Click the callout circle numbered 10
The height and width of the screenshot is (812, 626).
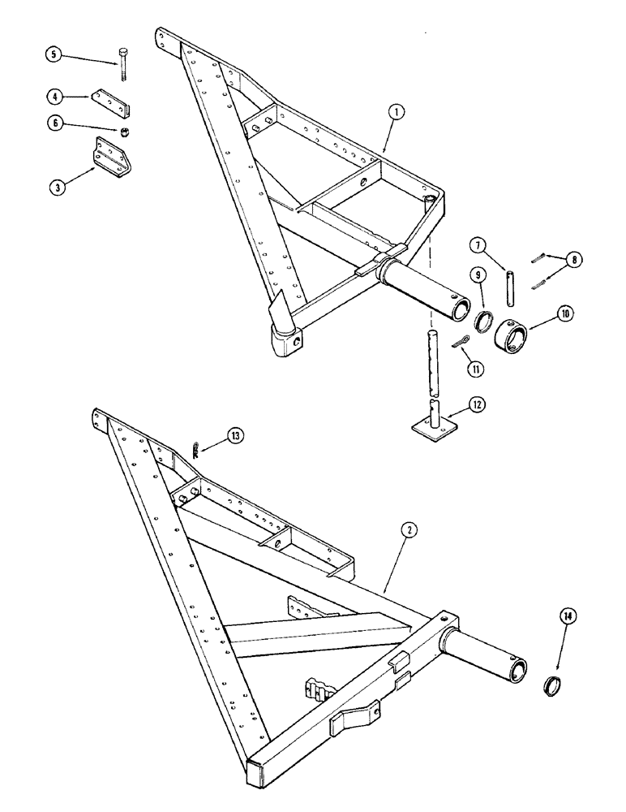pyautogui.click(x=538, y=311)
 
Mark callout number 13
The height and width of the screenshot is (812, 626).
pyautogui.click(x=234, y=436)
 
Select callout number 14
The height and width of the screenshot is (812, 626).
pyautogui.click(x=568, y=618)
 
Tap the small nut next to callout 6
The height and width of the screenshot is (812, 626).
pyautogui.click(x=126, y=130)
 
